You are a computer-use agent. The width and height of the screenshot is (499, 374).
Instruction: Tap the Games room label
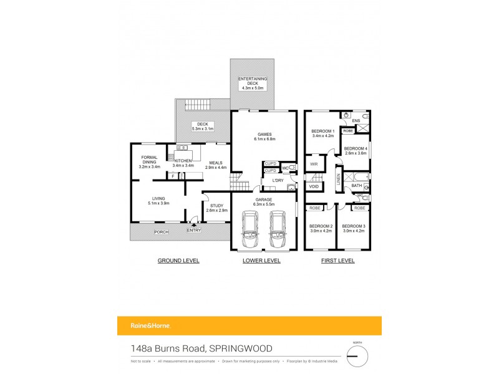[262, 136]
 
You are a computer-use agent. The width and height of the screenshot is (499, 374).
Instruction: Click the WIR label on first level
[314, 165]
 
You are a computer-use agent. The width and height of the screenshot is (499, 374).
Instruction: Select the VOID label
[314, 186]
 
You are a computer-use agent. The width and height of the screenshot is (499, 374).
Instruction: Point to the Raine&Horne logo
[143, 326]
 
